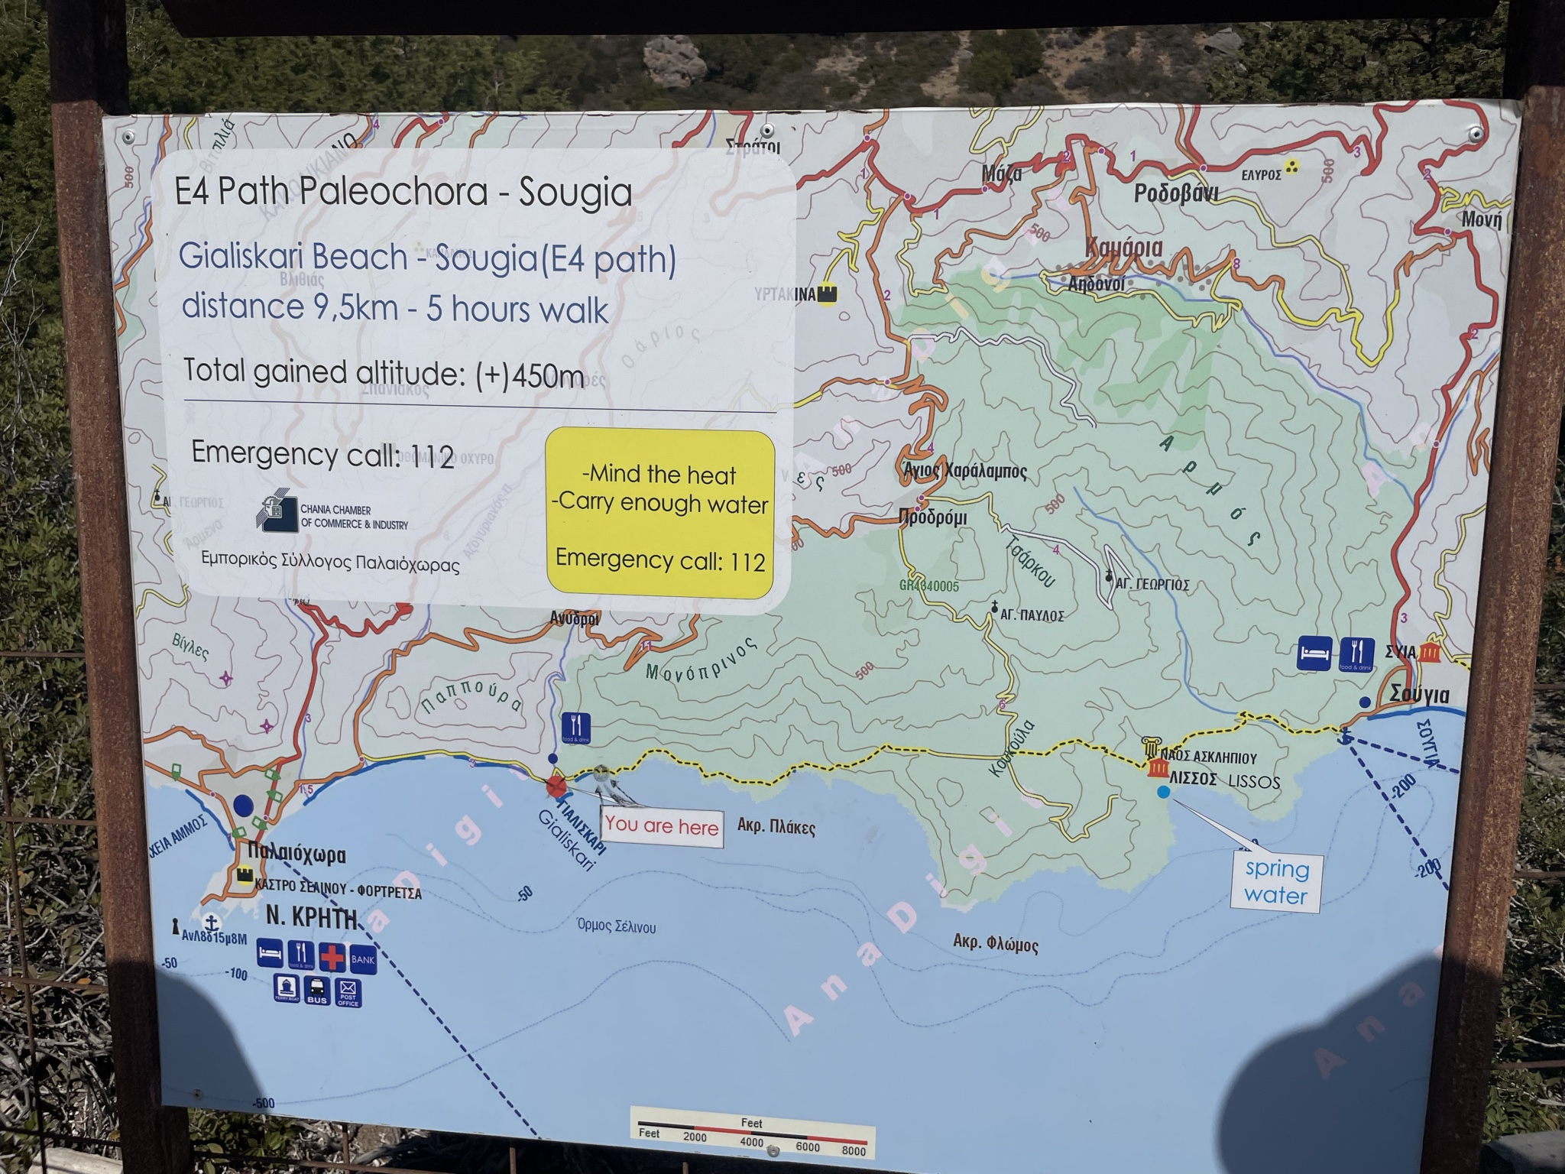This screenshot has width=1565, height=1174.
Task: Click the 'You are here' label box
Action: pos(662,825)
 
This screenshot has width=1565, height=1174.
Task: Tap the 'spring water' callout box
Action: pos(1275,882)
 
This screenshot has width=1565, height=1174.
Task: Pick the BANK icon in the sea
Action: pos(363,958)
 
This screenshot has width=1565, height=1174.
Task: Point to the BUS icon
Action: pos(317,992)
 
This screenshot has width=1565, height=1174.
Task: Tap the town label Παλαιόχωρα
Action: pos(297,855)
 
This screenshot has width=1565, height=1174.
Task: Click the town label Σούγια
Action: pos(1420,696)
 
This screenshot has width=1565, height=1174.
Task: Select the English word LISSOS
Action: pos(1254,782)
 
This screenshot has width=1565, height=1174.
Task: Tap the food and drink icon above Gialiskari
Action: pos(575,726)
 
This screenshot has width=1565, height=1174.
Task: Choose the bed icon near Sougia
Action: pos(1314,654)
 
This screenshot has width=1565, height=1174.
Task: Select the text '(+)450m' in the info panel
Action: pos(529,375)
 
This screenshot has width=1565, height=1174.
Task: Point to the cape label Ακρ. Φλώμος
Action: pos(996,944)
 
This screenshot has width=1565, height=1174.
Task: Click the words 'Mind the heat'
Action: pos(659,475)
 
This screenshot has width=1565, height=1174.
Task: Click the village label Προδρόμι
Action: pos(932,517)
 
